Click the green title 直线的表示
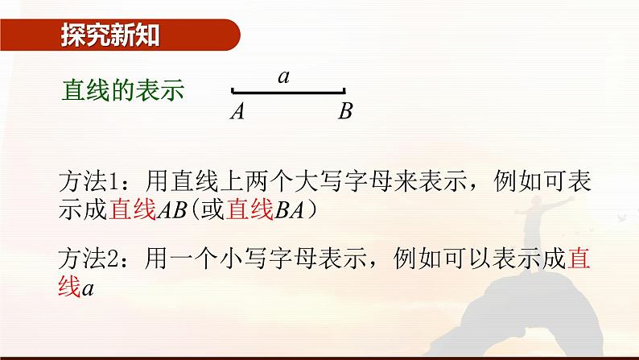click(123, 91)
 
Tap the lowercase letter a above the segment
click(283, 77)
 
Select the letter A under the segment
click(237, 112)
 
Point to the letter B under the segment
click(345, 112)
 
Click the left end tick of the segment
click(233, 92)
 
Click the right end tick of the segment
click(344, 92)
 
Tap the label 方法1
click(89, 180)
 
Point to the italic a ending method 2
click(89, 287)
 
